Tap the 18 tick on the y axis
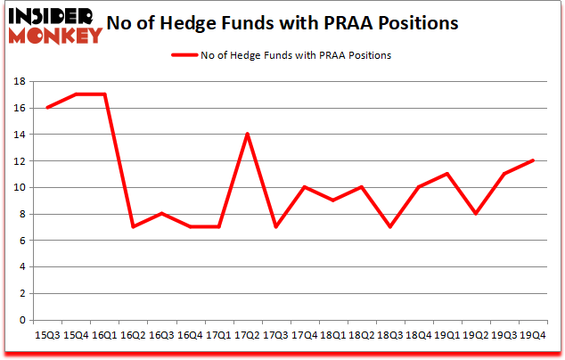tap(18, 81)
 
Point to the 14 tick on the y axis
tap(18, 135)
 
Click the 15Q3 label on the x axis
tap(46, 334)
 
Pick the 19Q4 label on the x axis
tap(532, 334)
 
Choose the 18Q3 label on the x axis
tap(390, 334)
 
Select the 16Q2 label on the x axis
tap(132, 334)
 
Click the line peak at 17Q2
tap(246, 135)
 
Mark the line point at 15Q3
tap(47, 108)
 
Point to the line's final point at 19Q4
tap(532, 160)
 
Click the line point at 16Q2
tap(132, 227)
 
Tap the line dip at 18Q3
tap(389, 227)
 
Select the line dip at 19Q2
tap(475, 214)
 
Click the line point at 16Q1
tap(104, 94)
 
